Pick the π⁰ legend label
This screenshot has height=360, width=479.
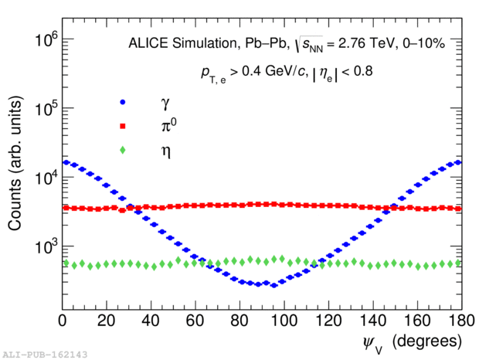(x=164, y=126)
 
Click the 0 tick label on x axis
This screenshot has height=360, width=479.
(x=63, y=319)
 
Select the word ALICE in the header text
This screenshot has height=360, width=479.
(x=146, y=44)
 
